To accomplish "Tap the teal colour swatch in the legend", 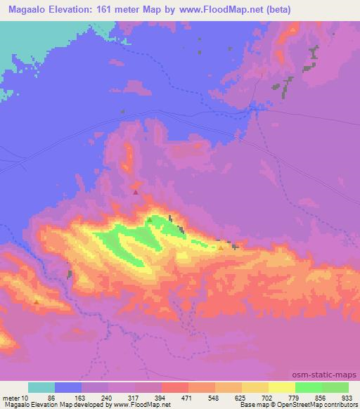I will [41, 387].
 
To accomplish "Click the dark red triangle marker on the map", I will [136, 190].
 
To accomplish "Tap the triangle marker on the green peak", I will [149, 219].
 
